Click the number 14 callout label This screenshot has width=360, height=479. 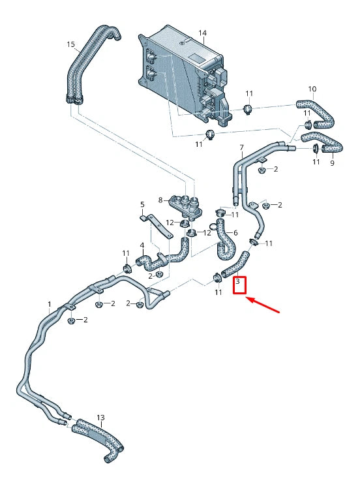(x=202, y=33)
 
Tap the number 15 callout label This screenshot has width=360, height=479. (x=71, y=44)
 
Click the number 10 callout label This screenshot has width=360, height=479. (x=312, y=89)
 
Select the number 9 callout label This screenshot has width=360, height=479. (x=332, y=163)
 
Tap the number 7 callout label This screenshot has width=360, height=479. (x=241, y=147)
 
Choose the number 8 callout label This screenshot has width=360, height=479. (x=160, y=200)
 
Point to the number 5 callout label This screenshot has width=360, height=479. (x=142, y=204)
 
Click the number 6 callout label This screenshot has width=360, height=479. (x=235, y=233)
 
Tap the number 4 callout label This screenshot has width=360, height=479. (x=142, y=246)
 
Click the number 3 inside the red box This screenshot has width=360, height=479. (x=239, y=283)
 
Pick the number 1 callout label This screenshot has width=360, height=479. (x=49, y=304)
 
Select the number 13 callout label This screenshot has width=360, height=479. (x=100, y=417)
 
